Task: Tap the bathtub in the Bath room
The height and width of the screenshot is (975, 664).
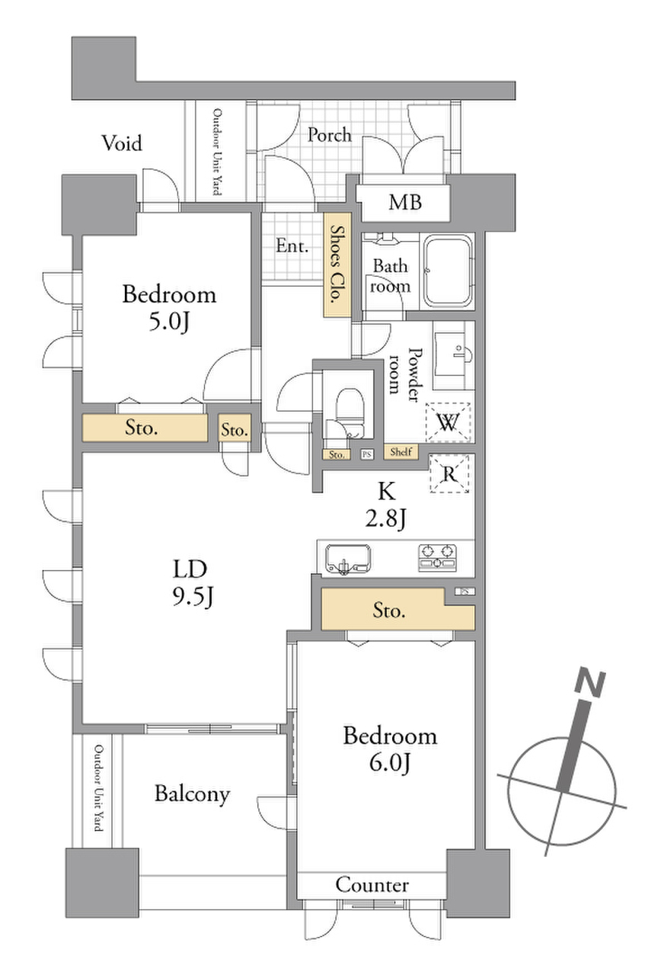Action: [448, 271]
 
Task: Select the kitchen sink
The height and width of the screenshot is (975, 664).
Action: [348, 559]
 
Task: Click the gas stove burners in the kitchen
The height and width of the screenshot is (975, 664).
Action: [437, 557]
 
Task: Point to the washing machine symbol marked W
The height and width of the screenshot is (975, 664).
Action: [448, 422]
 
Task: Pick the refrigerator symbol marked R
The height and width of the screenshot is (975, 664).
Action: [449, 473]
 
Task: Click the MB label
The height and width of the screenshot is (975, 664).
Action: [405, 203]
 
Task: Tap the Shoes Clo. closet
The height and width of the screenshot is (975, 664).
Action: [337, 265]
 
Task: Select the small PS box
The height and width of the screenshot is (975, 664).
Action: [366, 454]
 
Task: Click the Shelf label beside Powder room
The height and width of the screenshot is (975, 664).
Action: [401, 452]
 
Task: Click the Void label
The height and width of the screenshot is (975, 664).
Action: [122, 143]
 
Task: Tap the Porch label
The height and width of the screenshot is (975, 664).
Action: [329, 135]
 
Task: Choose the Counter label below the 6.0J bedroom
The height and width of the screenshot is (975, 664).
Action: [372, 885]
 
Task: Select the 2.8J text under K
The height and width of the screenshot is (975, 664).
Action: [385, 519]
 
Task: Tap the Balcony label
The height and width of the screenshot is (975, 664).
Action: [192, 794]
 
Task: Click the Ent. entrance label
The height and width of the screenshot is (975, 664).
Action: [292, 246]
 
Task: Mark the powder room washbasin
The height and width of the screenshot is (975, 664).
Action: [454, 354]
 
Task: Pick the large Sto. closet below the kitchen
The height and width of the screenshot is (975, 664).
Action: [397, 609]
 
